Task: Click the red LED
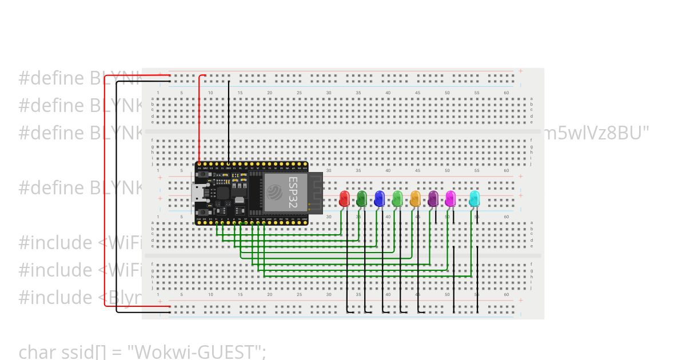click(x=344, y=198)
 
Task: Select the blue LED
click(x=379, y=198)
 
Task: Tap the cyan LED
click(x=474, y=198)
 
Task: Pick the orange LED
click(x=415, y=198)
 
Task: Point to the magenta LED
click(x=450, y=198)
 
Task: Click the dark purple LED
click(x=433, y=198)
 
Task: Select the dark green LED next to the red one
click(x=361, y=198)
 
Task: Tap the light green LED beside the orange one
click(x=397, y=198)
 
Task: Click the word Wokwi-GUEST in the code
click(x=194, y=351)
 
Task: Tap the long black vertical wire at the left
click(x=117, y=194)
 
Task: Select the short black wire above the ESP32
click(x=229, y=120)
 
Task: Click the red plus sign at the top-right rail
click(x=520, y=71)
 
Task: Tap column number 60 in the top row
click(x=506, y=93)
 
